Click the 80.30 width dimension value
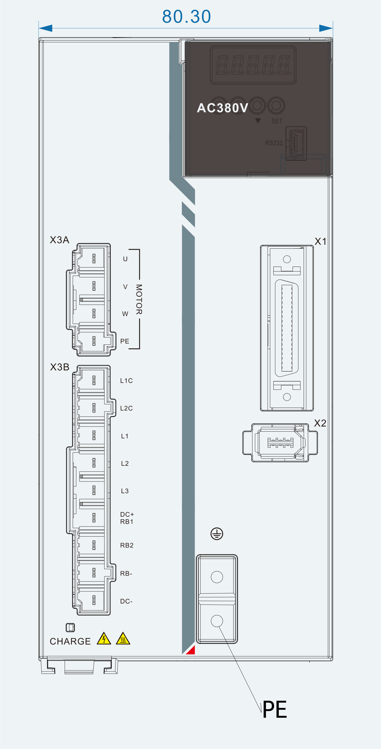(186, 16)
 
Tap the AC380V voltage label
(222, 108)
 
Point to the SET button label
(277, 121)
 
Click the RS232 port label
(274, 143)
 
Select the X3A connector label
(59, 240)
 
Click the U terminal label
(125, 259)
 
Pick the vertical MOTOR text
(139, 299)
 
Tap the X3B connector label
(60, 367)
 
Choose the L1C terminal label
(126, 381)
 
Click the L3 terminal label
(125, 491)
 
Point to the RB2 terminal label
(126, 545)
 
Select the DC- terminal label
(126, 601)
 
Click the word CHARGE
(70, 641)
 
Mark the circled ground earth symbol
(217, 533)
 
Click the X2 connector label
(320, 423)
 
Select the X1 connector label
(320, 241)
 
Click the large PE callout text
(275, 709)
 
